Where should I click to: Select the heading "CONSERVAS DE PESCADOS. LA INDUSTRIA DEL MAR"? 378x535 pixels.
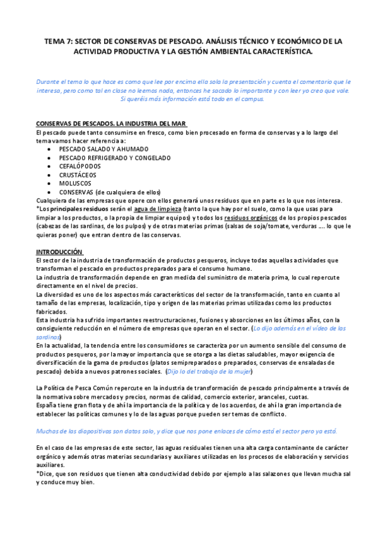pyautogui.click(x=111, y=122)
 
